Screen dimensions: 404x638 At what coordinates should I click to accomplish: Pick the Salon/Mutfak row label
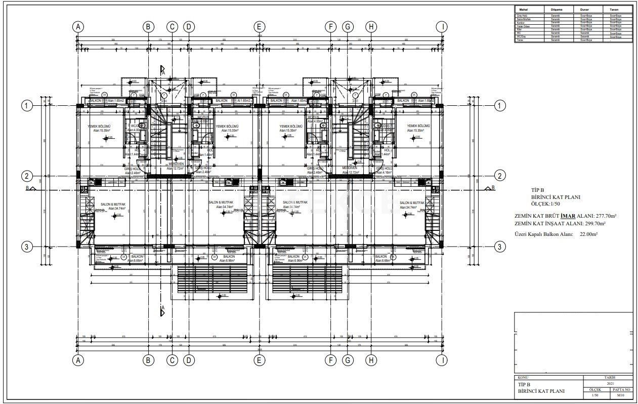click(523, 19)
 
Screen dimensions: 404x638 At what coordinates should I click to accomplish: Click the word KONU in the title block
click(523, 378)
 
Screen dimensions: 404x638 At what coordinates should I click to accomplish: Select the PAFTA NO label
click(621, 389)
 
